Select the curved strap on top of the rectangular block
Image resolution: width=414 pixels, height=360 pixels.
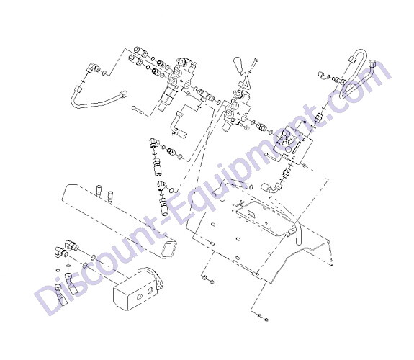tap(150, 275)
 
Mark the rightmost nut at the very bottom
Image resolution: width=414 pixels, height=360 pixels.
tap(266, 320)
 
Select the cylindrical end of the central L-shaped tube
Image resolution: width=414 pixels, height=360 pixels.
tap(182, 134)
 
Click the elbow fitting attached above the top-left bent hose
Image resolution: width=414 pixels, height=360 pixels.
tap(92, 68)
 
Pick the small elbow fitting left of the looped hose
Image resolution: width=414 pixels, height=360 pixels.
tap(323, 75)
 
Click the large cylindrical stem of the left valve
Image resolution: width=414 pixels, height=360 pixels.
tap(167, 98)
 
